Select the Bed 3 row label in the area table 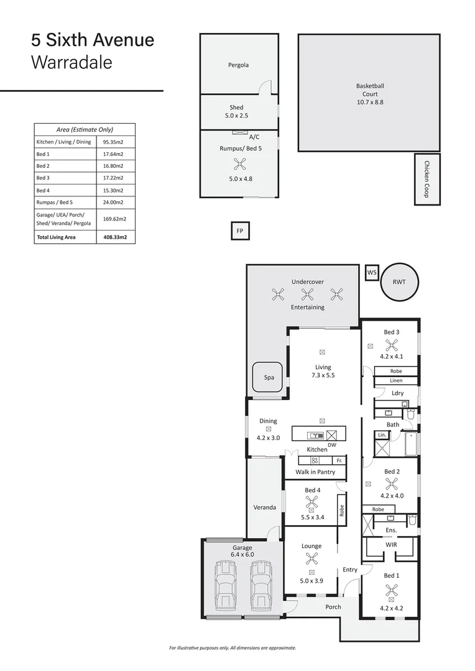[43, 178]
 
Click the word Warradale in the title [71, 63]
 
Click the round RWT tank [399, 281]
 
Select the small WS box [372, 272]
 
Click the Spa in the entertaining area [269, 377]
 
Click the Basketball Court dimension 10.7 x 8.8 [370, 102]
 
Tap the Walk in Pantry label [315, 472]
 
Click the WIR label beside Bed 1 [391, 545]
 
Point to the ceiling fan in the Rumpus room [240, 164]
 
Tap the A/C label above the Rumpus [254, 136]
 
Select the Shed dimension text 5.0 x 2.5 [236, 116]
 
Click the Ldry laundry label [398, 393]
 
